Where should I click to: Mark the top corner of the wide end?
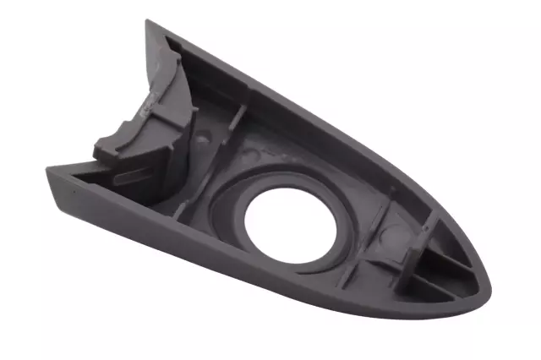pos(150,24)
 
